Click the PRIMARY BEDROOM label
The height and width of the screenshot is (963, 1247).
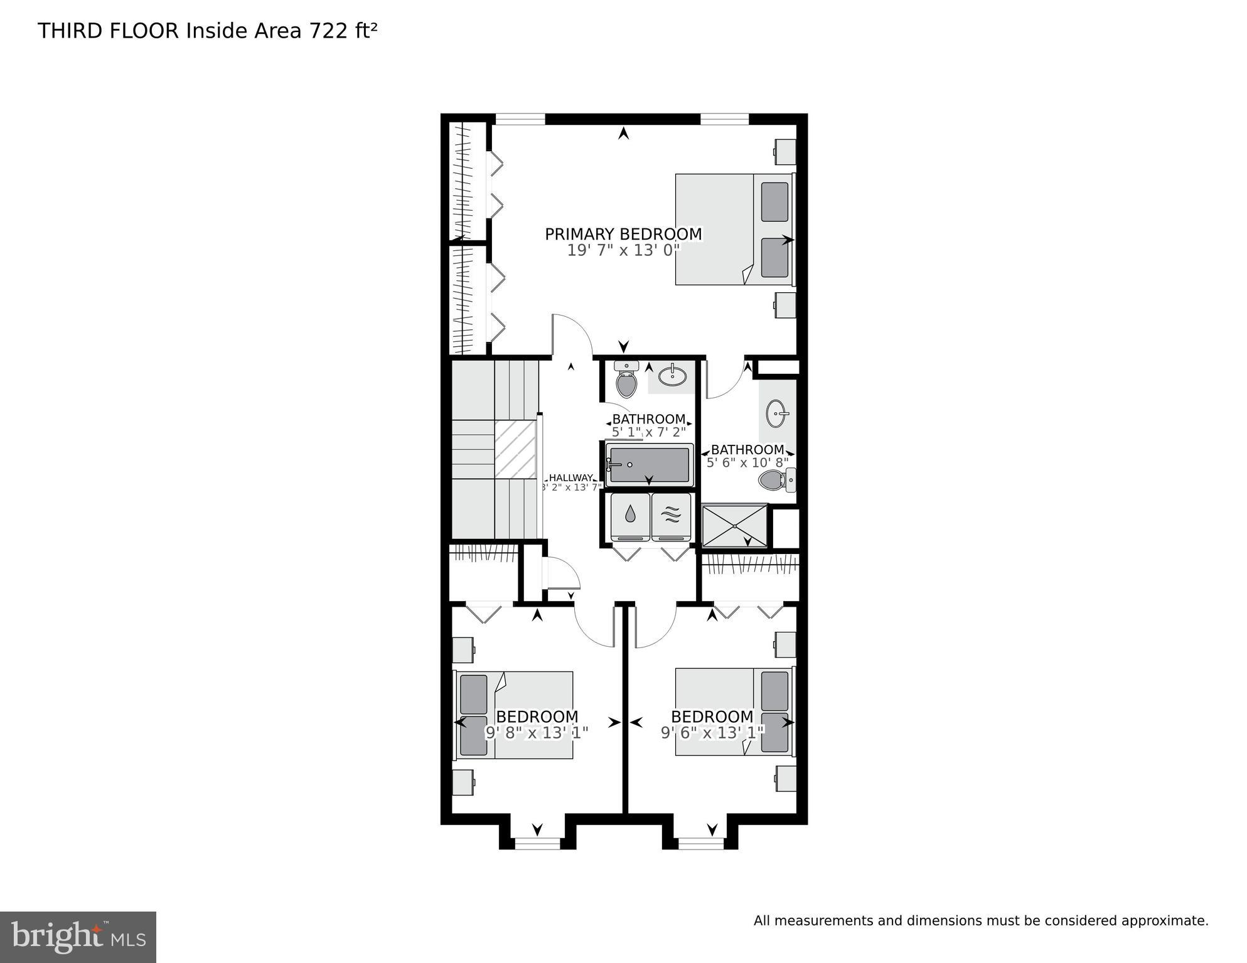pos(623,234)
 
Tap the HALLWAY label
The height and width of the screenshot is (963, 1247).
pos(570,477)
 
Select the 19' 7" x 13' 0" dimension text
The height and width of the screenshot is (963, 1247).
pos(623,250)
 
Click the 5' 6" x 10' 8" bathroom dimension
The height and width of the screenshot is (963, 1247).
pos(747,463)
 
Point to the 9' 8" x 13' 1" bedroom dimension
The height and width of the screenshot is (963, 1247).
pos(537,732)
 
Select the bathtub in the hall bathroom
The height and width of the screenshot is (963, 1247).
pos(649,465)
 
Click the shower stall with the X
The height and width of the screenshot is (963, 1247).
pos(734,525)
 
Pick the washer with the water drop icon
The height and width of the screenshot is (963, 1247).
pos(630,516)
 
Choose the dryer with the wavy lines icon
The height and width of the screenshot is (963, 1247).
pos(671,516)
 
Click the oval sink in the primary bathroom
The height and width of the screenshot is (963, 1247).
pos(776,414)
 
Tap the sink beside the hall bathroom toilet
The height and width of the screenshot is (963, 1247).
pos(672,376)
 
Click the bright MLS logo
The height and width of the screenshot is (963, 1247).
pos(78,937)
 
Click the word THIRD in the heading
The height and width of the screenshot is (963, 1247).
pos(71,31)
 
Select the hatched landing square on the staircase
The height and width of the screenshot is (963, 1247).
pos(515,449)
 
